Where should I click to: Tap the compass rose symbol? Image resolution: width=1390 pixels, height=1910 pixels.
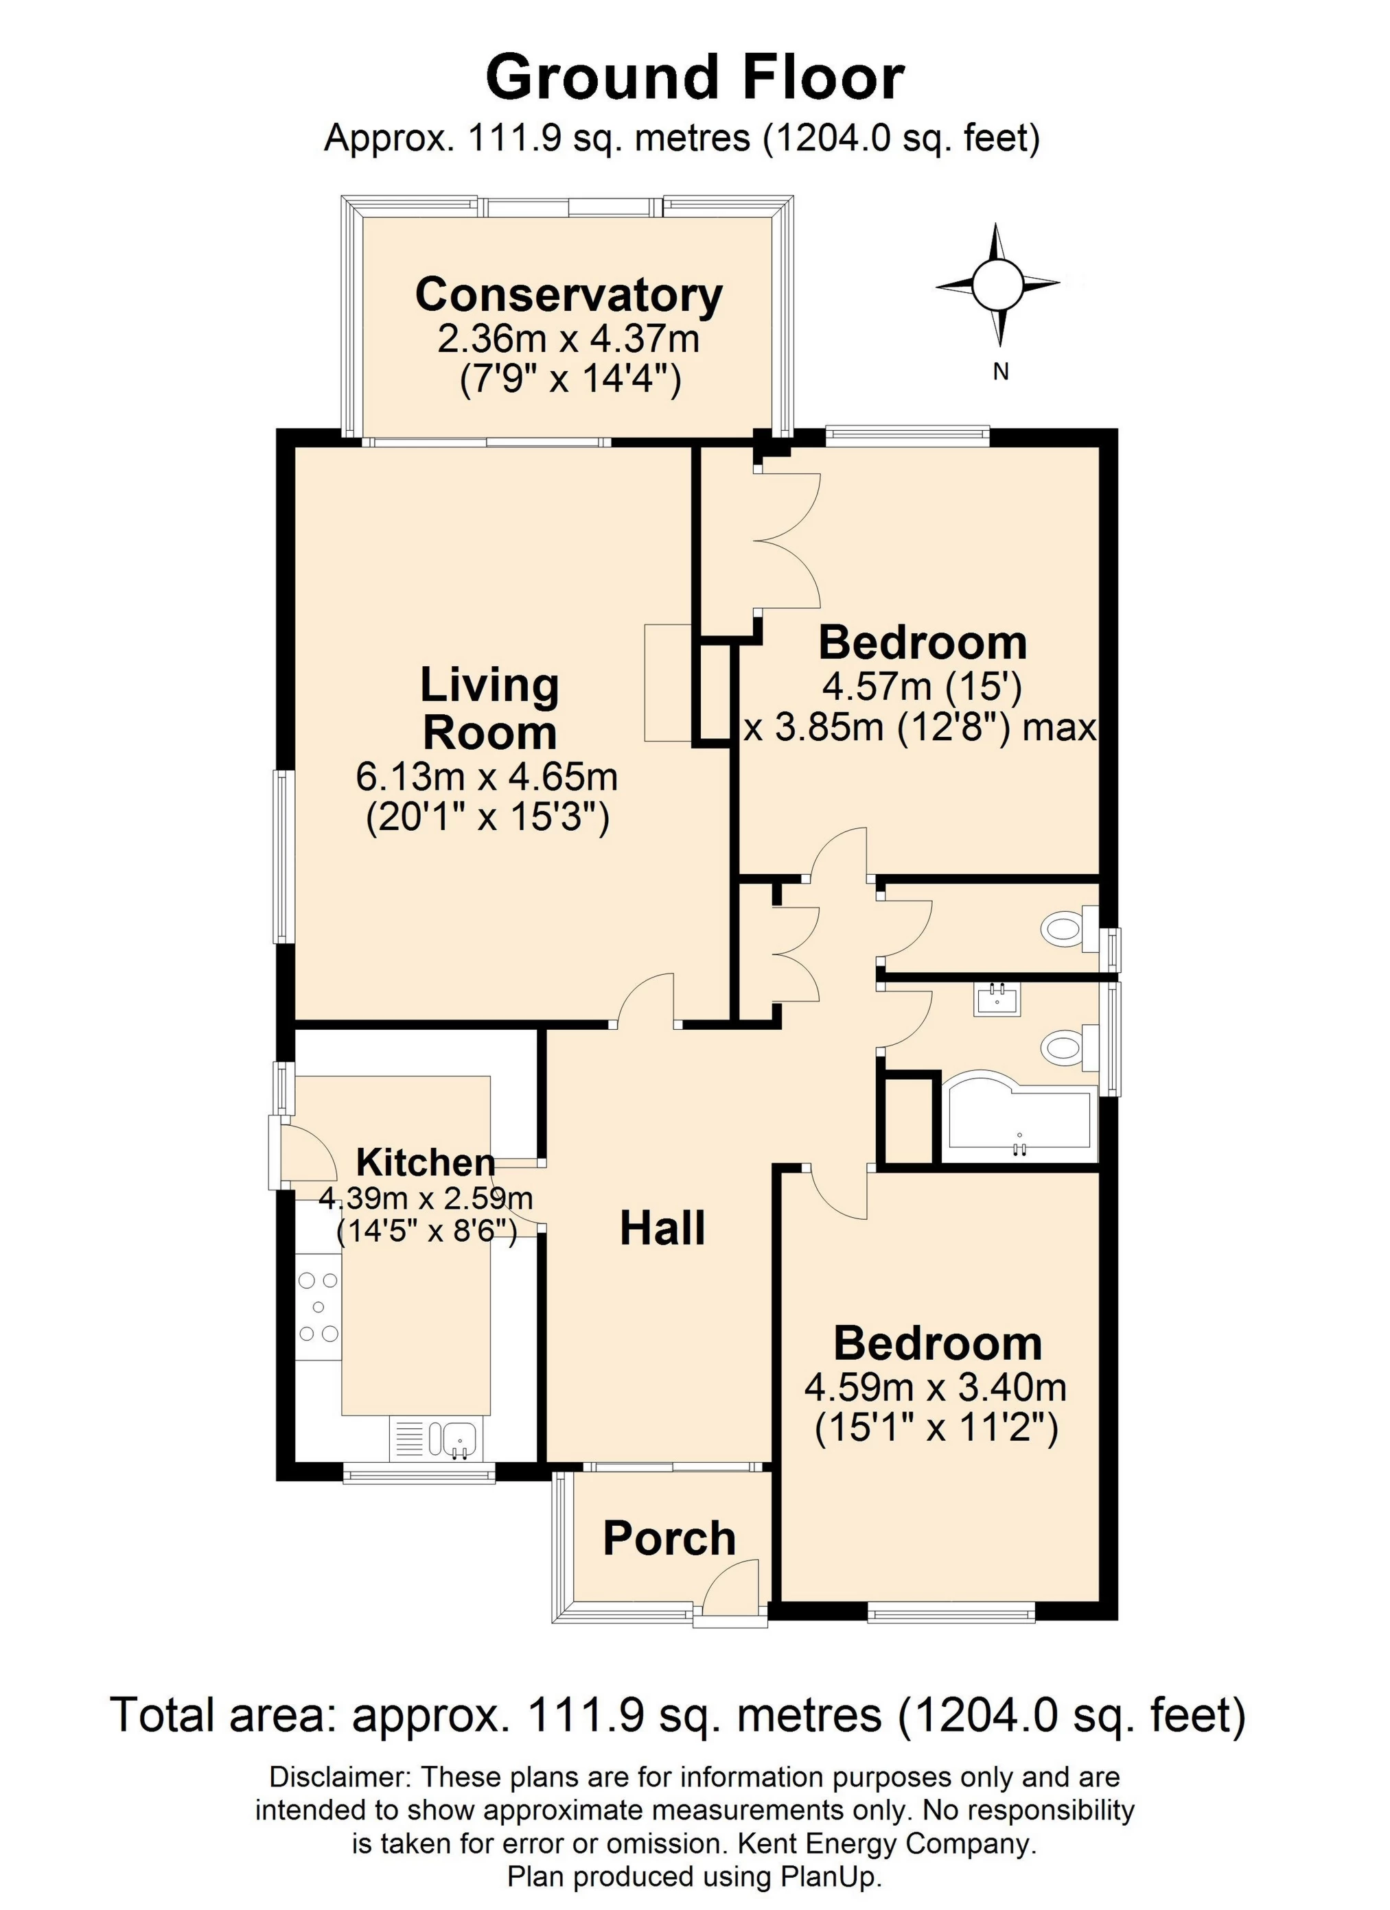point(997,285)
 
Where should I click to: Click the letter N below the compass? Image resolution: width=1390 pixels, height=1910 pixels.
point(1000,371)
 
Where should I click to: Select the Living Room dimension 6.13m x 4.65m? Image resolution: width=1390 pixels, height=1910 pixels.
point(487,777)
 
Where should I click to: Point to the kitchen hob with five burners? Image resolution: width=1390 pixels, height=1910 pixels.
point(318,1307)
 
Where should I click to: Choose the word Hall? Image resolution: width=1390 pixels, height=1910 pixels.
point(662,1229)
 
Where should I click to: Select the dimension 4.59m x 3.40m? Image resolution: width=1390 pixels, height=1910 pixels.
point(935,1387)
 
